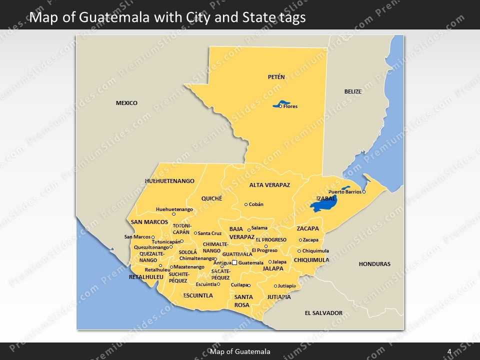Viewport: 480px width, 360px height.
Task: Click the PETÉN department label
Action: (276, 77)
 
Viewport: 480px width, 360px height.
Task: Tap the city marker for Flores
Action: (280, 106)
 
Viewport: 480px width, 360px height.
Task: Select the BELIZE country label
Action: (352, 91)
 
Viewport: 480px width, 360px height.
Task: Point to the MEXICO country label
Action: (126, 103)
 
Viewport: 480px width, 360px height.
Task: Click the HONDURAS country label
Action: (374, 264)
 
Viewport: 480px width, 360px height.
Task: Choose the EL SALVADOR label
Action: (323, 313)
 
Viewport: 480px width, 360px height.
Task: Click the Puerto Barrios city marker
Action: (364, 192)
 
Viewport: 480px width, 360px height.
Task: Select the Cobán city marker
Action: (246, 204)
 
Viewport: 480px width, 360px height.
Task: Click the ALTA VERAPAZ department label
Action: (269, 185)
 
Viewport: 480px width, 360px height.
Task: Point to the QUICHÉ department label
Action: (211, 198)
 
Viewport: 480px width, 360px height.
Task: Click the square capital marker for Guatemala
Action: (234, 262)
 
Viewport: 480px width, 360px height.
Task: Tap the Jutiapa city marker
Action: (275, 286)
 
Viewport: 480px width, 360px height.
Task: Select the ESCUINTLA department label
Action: (198, 295)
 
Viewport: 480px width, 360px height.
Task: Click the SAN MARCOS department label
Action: (149, 222)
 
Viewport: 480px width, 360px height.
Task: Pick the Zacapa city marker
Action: (300, 240)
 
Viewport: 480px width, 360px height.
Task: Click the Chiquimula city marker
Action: (299, 251)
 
